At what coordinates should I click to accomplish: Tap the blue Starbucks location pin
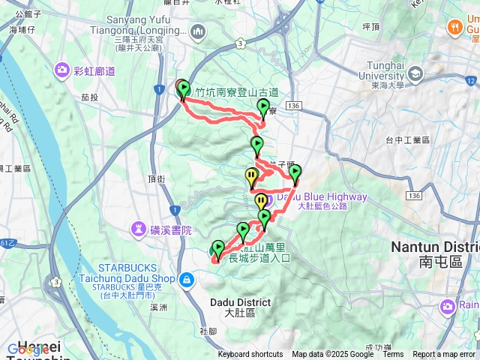[x=186, y=280]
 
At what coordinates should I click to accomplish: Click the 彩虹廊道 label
[x=94, y=71]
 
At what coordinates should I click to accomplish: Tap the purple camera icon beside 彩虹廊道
[x=61, y=70]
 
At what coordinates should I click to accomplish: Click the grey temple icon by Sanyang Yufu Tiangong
[x=198, y=31]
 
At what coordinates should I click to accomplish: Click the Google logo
[x=28, y=349]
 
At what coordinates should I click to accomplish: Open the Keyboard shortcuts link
[x=250, y=355]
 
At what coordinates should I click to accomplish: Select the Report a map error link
[x=445, y=355]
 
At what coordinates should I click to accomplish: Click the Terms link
[x=393, y=355]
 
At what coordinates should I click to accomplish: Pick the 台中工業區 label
[x=407, y=140]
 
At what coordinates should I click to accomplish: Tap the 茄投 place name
[x=90, y=97]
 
